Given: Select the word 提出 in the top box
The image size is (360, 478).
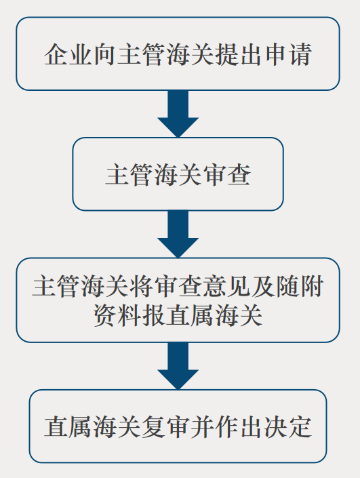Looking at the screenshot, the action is click(x=239, y=54).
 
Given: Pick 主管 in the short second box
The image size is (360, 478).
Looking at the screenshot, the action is click(x=129, y=175).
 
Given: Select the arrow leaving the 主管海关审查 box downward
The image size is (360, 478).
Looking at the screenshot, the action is click(x=178, y=234).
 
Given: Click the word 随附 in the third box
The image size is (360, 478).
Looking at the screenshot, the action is click(x=300, y=287).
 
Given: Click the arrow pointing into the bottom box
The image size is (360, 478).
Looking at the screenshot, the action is click(x=178, y=366).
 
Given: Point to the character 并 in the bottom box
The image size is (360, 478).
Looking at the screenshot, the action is click(x=203, y=426).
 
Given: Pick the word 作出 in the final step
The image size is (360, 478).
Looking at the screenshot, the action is click(x=239, y=426).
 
